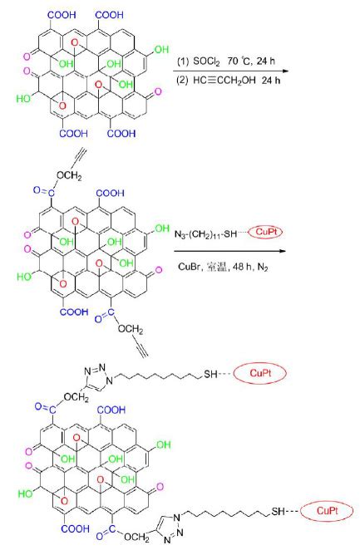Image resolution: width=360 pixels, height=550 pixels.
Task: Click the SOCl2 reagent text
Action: pyautogui.click(x=207, y=61)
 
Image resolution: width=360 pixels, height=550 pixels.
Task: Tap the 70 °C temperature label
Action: pyautogui.click(x=239, y=61)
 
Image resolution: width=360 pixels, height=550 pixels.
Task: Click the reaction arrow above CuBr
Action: pyautogui.click(x=229, y=251)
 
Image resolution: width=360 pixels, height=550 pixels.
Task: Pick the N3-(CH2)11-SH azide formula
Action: pyautogui.click(x=206, y=234)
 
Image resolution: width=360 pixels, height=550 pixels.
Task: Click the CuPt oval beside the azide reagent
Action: pyautogui.click(x=266, y=232)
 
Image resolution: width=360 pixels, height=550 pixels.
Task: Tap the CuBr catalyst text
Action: pyautogui.click(x=189, y=267)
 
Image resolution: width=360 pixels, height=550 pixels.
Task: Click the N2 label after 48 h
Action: pyautogui.click(x=263, y=268)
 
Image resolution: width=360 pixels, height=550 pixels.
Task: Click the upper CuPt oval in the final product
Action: pyautogui.click(x=260, y=373)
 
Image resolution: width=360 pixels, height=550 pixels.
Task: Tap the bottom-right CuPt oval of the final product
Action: pyautogui.click(x=326, y=511)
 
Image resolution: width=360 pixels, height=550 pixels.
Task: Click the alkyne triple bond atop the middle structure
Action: pyautogui.click(x=80, y=158)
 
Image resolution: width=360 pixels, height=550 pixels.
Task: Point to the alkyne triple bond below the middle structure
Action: pyautogui.click(x=141, y=349)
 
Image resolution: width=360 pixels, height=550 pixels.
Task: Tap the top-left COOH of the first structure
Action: pyautogui.click(x=62, y=15)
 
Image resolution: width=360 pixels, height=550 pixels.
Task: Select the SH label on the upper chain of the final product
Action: pyautogui.click(x=210, y=374)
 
